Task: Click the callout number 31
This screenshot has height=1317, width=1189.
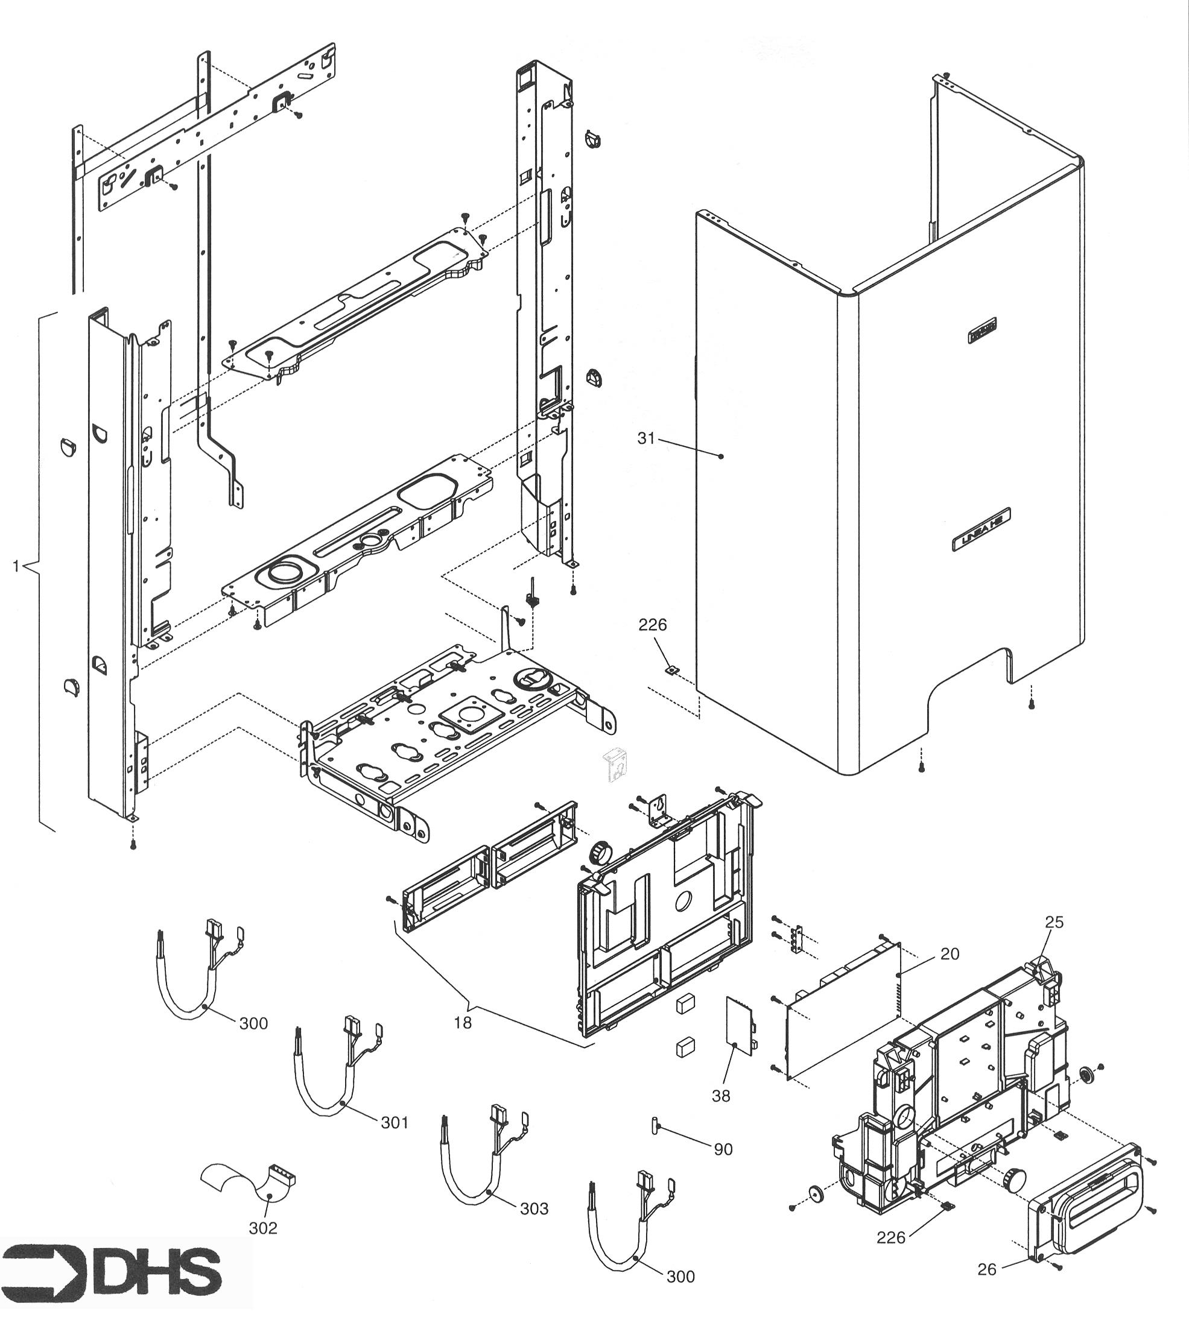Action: (x=645, y=439)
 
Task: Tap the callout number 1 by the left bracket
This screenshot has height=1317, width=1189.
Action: (x=16, y=566)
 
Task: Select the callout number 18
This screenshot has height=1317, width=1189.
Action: (x=463, y=1023)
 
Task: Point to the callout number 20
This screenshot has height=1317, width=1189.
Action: (x=950, y=954)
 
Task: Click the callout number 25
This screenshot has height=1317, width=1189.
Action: (x=1054, y=921)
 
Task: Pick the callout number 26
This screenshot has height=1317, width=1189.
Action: (x=987, y=1269)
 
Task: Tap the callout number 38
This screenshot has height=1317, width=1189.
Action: (x=721, y=1095)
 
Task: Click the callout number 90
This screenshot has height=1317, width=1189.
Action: (x=723, y=1149)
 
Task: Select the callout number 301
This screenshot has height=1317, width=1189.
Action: (x=395, y=1122)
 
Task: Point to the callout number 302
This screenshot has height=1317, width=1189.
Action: (x=262, y=1228)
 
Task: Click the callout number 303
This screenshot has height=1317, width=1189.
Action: (x=534, y=1208)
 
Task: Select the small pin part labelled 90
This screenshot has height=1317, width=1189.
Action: (x=653, y=1125)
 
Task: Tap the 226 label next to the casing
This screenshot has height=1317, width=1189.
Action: (x=652, y=625)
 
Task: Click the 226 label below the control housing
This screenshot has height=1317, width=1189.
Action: (x=890, y=1237)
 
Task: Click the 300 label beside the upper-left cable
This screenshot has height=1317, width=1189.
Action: (x=253, y=1023)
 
